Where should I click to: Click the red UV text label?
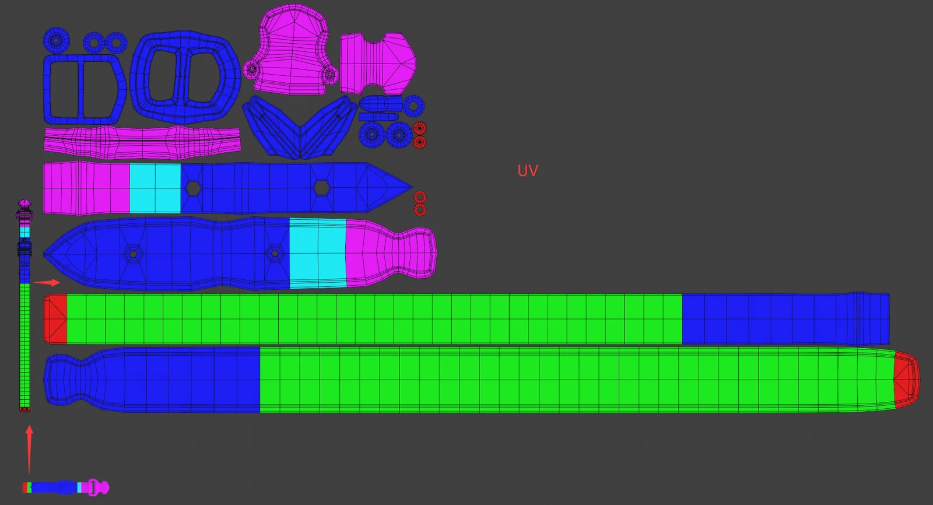527,170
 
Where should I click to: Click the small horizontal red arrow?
47,282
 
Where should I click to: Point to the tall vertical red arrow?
29,449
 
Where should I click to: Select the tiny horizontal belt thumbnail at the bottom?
65,487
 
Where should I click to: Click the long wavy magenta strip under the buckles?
141,142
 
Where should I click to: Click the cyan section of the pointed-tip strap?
155,188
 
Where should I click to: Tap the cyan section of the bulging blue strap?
317,253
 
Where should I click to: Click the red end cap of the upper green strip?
55,319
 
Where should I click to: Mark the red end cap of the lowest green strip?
906,380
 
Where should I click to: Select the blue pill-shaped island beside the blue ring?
380,105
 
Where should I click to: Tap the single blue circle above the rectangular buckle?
56,40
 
